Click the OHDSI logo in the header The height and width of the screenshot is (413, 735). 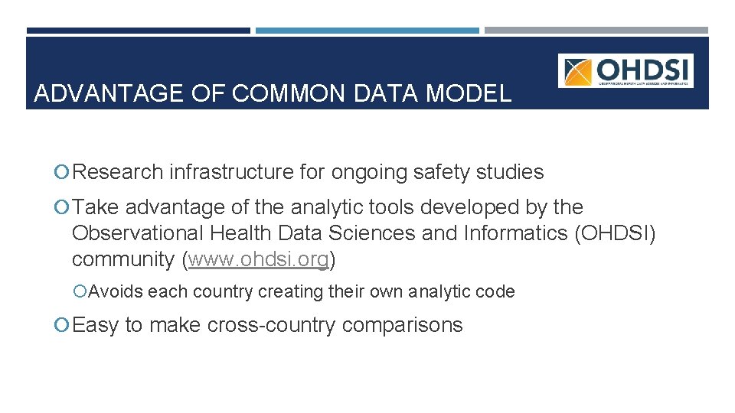(626, 70)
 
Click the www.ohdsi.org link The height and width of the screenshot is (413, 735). (259, 259)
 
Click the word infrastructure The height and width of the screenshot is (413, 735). (231, 173)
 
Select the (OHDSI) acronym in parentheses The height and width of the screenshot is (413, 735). (615, 233)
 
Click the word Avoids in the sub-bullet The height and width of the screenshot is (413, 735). (116, 291)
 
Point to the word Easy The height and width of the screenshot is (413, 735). (96, 325)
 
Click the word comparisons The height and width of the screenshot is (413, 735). (403, 325)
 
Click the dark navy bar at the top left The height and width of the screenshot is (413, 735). (138, 31)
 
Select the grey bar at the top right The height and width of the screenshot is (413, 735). (596, 31)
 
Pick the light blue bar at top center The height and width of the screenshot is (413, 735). (367, 31)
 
